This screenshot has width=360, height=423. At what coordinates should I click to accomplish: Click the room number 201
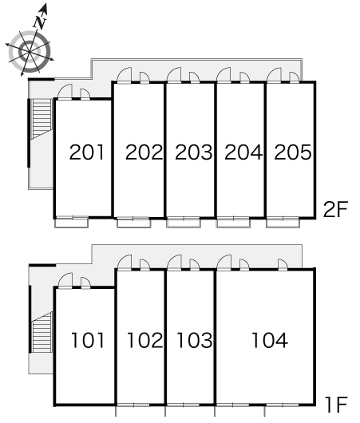(87, 152)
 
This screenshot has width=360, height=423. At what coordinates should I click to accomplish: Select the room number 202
(144, 152)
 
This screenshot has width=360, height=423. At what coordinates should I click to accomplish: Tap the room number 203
(194, 152)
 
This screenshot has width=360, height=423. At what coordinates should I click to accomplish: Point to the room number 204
(243, 152)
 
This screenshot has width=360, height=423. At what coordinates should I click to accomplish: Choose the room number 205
(293, 152)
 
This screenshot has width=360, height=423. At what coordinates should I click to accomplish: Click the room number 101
(88, 340)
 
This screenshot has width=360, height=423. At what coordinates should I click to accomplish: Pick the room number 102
(145, 340)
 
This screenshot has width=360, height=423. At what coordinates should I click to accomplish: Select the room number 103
(194, 340)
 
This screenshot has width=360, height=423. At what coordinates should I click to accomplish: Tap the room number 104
(270, 340)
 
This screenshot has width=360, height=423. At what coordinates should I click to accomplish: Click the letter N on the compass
(40, 22)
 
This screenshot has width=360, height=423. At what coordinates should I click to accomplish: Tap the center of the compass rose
(30, 51)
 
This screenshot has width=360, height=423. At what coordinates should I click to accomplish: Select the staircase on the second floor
(42, 119)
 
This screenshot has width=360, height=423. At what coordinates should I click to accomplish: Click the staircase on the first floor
(42, 332)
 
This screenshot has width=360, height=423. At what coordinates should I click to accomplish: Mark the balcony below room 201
(72, 223)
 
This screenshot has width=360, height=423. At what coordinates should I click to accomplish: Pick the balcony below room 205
(283, 223)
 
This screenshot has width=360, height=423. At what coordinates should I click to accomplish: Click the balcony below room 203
(184, 223)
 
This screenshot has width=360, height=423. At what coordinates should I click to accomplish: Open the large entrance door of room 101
(65, 281)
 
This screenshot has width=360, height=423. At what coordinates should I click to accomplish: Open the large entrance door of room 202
(125, 75)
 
